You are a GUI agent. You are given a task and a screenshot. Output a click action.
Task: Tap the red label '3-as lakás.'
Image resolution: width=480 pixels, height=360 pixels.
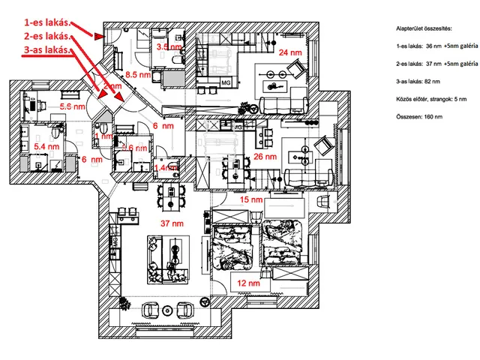pyautogui.click(x=45, y=49)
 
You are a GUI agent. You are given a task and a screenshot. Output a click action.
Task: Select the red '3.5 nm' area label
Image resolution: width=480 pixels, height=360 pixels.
pyautogui.click(x=167, y=46)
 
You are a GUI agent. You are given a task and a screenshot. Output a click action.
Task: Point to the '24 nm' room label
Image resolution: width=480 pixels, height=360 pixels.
pyautogui.click(x=291, y=52)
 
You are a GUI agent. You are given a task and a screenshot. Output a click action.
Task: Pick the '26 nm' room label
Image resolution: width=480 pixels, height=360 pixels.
pyautogui.click(x=266, y=157)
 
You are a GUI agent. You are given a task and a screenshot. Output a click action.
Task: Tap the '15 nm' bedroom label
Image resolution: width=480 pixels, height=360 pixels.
pyautogui.click(x=250, y=200)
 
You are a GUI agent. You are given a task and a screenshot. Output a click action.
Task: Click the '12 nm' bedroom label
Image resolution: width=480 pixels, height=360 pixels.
pyautogui.click(x=248, y=283)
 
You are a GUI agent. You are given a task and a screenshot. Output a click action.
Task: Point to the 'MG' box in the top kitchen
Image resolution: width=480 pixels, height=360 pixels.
pyautogui.click(x=226, y=82)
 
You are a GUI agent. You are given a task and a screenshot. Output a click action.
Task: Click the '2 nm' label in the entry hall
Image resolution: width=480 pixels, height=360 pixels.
pyautogui.click(x=112, y=87)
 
